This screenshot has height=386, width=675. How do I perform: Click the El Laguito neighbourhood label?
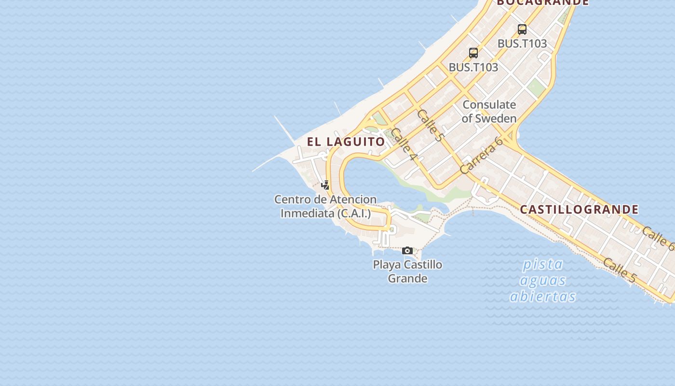(346, 141)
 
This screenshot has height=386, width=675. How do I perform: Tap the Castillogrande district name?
(579, 209)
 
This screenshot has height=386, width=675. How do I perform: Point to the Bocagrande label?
(543, 2)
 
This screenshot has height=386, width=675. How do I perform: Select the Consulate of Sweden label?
(489, 111)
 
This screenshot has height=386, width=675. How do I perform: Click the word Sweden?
(496, 119)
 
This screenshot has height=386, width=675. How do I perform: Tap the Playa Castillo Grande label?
(407, 271)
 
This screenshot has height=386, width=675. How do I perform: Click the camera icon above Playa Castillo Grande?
(407, 250)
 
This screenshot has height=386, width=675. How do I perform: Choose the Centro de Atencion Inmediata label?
(325, 206)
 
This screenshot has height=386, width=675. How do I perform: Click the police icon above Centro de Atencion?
(325, 185)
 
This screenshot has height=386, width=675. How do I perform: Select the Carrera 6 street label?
(481, 155)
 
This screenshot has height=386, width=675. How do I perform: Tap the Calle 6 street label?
(658, 238)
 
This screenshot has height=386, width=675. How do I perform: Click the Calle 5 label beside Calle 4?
(430, 125)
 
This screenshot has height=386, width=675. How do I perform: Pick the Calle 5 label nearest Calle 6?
(620, 270)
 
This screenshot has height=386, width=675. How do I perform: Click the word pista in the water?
(543, 264)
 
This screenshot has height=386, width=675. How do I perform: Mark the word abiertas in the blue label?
(543, 296)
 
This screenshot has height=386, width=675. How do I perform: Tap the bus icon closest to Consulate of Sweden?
(473, 53)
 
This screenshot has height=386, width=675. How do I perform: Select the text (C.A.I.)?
(354, 213)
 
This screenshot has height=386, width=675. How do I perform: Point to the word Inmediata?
(307, 213)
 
